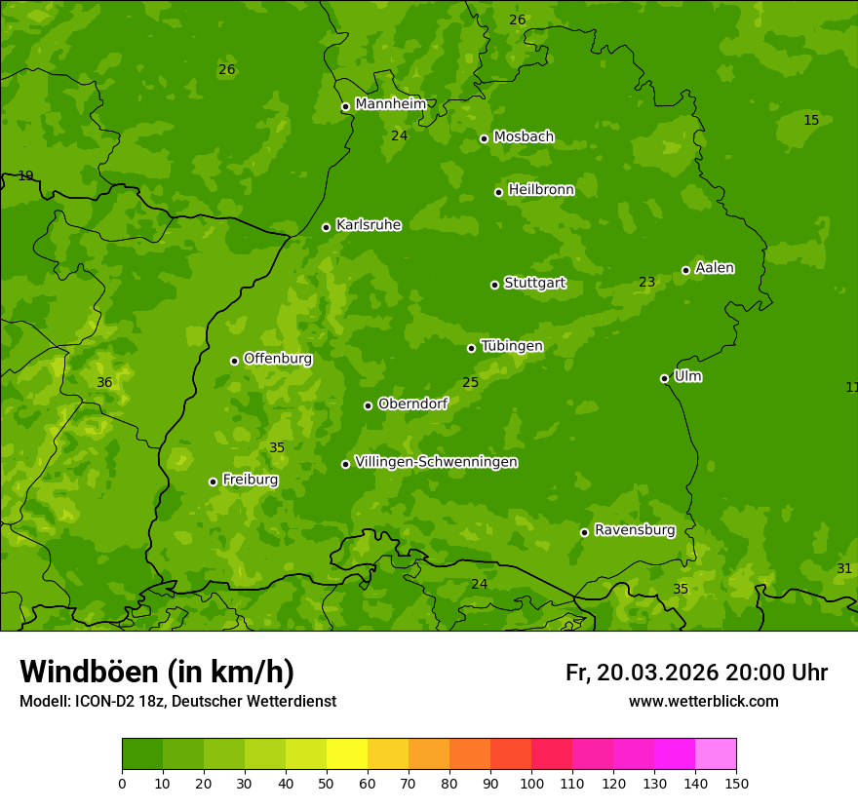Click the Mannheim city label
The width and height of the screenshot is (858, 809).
click(x=390, y=104)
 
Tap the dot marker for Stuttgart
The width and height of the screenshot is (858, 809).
click(x=494, y=285)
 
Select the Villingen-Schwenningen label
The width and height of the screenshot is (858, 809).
click(x=436, y=462)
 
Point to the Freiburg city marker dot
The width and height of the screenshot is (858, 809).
click(x=213, y=482)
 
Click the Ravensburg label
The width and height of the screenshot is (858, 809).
click(x=635, y=530)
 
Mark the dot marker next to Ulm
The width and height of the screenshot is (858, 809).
click(x=664, y=378)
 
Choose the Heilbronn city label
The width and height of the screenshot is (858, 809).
click(x=541, y=190)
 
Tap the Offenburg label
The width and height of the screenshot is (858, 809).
click(x=278, y=359)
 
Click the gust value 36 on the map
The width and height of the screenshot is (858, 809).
click(x=104, y=382)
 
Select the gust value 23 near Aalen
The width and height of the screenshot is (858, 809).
click(x=646, y=282)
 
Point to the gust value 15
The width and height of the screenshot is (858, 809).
click(x=811, y=120)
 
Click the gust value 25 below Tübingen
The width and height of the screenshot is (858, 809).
click(x=470, y=382)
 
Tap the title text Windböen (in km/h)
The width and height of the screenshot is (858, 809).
click(x=157, y=672)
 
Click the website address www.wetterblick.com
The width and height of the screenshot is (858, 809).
click(x=703, y=701)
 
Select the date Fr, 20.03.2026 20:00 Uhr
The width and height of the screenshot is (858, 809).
click(x=696, y=673)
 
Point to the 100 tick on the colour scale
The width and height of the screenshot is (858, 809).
click(x=531, y=783)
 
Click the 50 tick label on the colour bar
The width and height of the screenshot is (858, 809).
click(x=327, y=783)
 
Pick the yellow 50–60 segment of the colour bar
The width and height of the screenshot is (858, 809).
click(x=347, y=754)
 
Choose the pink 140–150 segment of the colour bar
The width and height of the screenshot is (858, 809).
click(x=716, y=754)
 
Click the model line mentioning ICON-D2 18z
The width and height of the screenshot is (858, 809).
click(x=177, y=701)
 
